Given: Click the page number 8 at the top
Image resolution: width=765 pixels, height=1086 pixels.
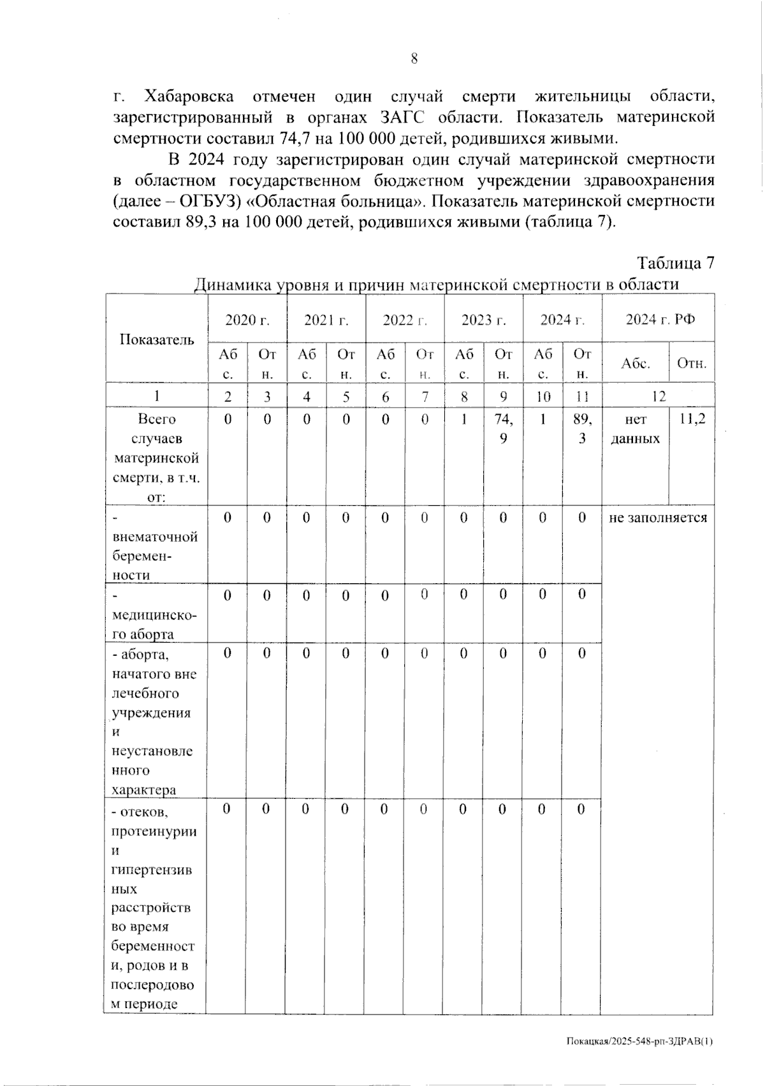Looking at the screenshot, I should [414, 59].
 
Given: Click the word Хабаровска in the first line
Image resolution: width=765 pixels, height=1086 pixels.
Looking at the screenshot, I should [189, 98].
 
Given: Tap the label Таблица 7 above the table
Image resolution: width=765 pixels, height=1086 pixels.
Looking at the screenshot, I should [675, 264].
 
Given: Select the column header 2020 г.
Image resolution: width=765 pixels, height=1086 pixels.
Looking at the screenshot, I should [247, 320].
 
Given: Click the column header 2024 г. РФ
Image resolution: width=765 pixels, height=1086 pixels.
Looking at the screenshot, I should [659, 320].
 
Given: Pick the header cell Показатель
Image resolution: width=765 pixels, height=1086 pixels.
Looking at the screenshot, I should [157, 339].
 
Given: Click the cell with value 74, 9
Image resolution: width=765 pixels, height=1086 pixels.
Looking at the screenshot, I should [503, 429].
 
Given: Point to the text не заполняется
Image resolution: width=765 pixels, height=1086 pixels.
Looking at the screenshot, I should [658, 517].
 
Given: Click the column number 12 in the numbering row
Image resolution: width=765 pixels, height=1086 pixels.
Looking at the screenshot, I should [659, 396].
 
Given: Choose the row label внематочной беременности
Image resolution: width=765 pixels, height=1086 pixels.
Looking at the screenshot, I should [155, 546].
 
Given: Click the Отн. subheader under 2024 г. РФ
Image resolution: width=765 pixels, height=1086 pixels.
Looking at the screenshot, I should [692, 364].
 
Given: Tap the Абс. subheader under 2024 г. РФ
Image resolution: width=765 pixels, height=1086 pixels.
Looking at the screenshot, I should [636, 364].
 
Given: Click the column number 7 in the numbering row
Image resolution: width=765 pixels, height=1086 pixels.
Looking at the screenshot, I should [425, 396].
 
